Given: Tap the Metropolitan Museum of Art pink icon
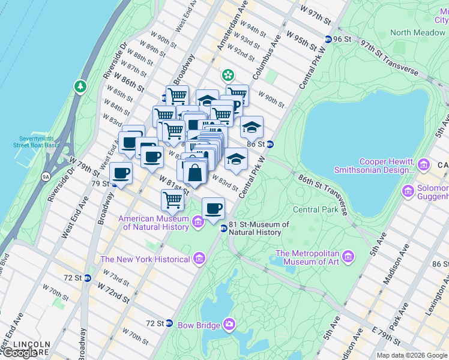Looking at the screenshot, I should [x=348, y=257].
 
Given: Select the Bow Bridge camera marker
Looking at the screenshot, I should [x=229, y=325].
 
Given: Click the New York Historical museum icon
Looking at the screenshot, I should [x=199, y=259].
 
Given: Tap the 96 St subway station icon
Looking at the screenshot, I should [x=328, y=39].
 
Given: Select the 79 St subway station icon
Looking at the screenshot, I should [x=113, y=184].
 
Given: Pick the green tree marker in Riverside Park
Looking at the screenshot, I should [x=80, y=88].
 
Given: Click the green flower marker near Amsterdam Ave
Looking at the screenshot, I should [x=228, y=75].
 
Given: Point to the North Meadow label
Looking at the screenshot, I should [x=417, y=32].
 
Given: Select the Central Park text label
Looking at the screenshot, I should [x=316, y=210].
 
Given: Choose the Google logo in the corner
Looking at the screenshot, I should [x=19, y=353].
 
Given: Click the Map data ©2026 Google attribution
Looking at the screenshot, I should [x=411, y=355].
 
